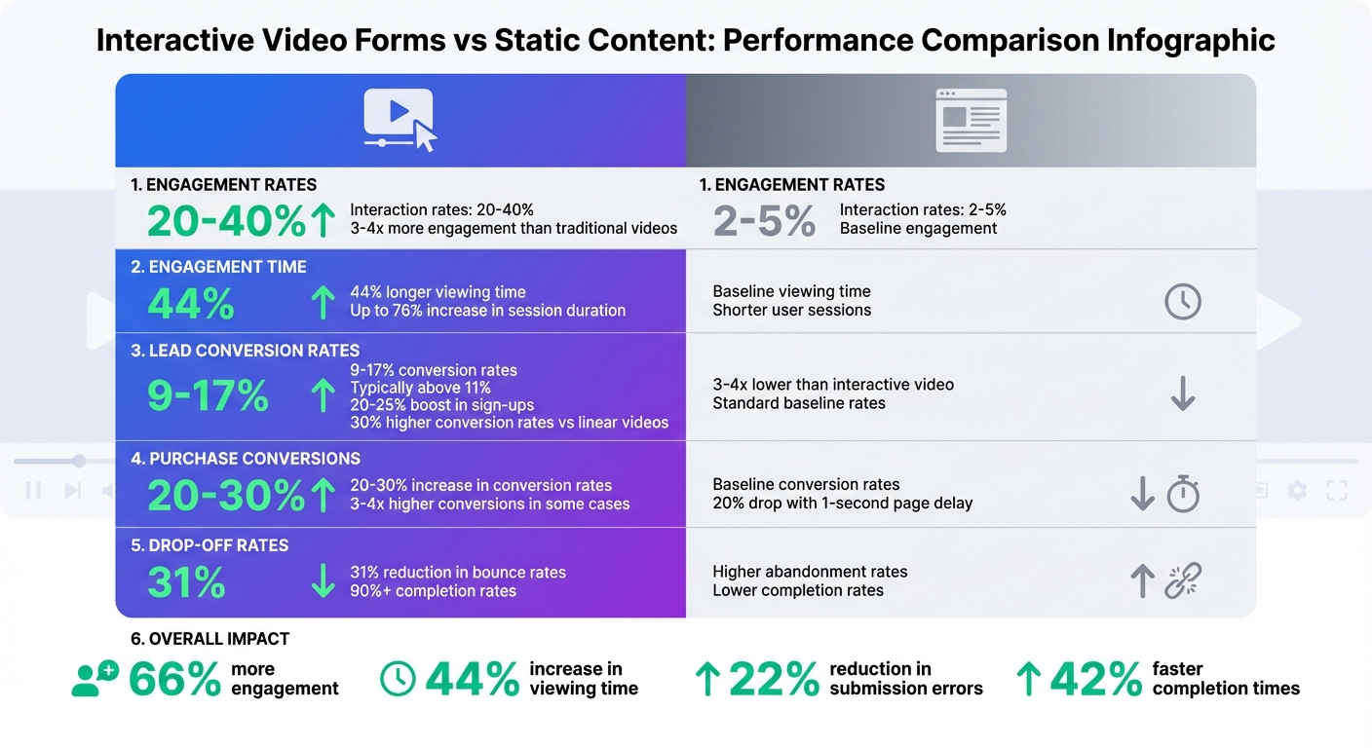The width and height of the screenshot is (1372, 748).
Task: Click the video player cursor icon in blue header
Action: (x=400, y=120)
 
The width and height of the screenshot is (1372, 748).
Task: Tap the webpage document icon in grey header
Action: (x=971, y=120)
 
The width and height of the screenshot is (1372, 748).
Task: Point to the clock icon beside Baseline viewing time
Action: (x=1182, y=302)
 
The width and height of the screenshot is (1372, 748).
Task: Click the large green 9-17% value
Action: (x=208, y=395)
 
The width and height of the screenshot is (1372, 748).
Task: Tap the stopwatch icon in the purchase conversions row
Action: (x=1183, y=494)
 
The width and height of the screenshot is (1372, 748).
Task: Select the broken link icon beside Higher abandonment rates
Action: (x=1183, y=581)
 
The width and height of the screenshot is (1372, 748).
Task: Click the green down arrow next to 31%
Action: (x=323, y=581)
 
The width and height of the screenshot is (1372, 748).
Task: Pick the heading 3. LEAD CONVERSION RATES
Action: (x=245, y=351)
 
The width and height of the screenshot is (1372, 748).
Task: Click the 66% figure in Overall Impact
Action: (x=174, y=679)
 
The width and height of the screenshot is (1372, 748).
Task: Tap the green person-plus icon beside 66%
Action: (x=95, y=679)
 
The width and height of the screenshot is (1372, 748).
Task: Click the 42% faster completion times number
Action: (x=1095, y=679)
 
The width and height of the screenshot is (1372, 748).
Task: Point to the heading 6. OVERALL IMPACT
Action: (x=210, y=639)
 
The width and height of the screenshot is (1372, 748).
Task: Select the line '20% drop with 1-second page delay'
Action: (x=842, y=504)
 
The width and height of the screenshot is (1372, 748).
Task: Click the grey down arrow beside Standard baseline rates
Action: (x=1182, y=393)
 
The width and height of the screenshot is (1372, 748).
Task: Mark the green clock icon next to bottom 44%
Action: (x=398, y=679)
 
